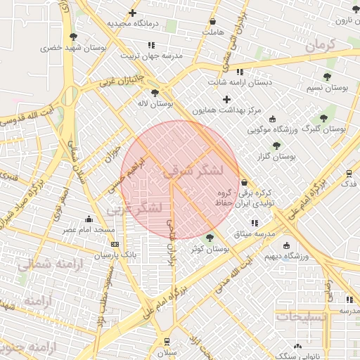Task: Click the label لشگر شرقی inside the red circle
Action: (193, 171)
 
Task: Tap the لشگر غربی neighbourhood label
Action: (134, 209)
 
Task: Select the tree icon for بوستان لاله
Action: (155, 92)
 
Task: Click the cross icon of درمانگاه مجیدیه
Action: (132, 13)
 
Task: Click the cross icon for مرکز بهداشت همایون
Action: (226, 100)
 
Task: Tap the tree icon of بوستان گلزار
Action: (276, 145)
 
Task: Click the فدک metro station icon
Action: (349, 173)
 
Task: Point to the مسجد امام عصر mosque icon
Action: (89, 219)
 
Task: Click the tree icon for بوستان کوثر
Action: (210, 238)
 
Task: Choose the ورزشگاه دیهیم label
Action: (285, 256)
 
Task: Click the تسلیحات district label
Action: (302, 317)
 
